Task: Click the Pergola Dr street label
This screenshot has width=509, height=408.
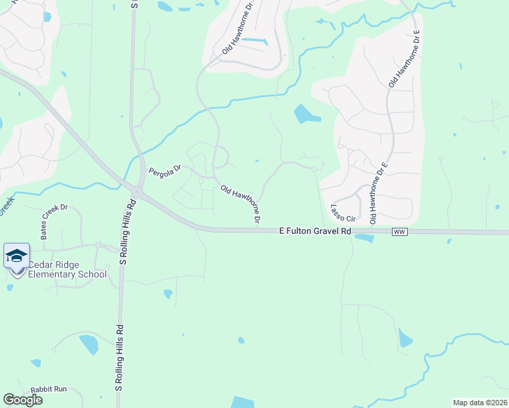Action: tap(165, 170)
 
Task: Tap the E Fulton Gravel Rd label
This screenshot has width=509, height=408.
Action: tap(315, 232)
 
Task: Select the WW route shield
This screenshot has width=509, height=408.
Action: tap(399, 233)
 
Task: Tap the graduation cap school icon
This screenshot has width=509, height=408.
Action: tap(16, 256)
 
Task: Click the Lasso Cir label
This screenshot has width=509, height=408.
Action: tap(344, 214)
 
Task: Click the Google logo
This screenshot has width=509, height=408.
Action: tap(22, 399)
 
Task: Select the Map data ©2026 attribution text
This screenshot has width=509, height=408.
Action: tap(480, 403)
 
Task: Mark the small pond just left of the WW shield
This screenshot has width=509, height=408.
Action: tap(364, 239)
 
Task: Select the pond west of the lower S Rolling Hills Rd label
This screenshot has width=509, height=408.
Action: tap(88, 344)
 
